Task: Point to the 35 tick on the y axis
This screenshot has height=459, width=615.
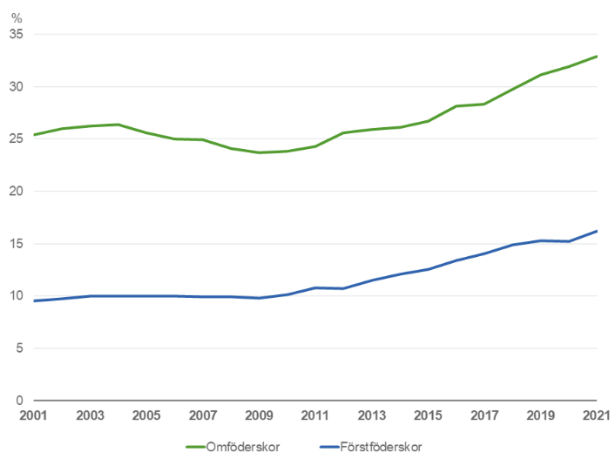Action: click(x=17, y=35)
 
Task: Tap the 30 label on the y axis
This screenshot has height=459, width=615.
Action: click(x=17, y=87)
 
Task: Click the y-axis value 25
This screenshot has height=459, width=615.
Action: click(x=17, y=139)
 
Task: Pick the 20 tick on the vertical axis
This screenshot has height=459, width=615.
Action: click(x=17, y=192)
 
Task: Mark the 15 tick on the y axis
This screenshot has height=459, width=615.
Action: click(x=17, y=244)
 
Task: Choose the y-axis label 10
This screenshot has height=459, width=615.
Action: click(x=17, y=296)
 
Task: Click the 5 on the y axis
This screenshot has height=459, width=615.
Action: click(x=21, y=348)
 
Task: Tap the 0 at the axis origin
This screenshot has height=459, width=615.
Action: click(x=21, y=401)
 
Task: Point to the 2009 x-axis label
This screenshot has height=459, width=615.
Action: click(x=260, y=415)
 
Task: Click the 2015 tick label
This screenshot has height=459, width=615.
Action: click(x=429, y=415)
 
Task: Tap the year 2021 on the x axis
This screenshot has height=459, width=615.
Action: click(x=597, y=415)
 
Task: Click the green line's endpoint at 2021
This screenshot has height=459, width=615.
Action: click(x=597, y=57)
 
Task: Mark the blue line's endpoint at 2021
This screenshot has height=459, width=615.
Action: click(x=597, y=231)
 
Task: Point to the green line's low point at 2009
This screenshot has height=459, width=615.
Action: click(x=260, y=152)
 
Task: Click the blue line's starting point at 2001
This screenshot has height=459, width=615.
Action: click(x=35, y=300)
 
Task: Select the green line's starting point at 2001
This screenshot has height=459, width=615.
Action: click(x=35, y=135)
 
